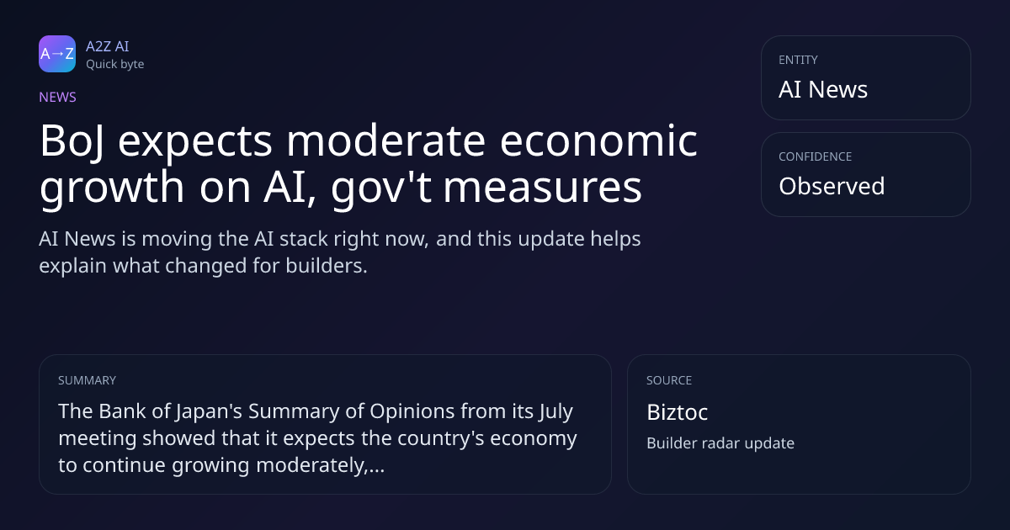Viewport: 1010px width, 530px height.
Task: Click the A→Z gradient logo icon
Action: click(x=57, y=54)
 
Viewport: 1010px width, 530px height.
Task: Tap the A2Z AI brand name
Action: click(x=108, y=46)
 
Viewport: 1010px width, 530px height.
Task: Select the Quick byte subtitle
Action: click(x=115, y=65)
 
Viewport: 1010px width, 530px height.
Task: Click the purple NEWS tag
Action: click(x=58, y=98)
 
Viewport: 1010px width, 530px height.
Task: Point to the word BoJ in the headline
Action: click(x=72, y=142)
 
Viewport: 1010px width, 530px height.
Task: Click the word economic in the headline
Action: click(x=598, y=140)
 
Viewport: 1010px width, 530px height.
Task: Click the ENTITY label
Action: click(x=798, y=60)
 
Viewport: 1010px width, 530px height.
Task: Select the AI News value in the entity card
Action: click(x=823, y=89)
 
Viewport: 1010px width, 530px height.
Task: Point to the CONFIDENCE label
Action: click(x=816, y=156)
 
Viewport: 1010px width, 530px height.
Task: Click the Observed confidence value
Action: click(x=832, y=186)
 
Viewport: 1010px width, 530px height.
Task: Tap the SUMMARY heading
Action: click(x=87, y=380)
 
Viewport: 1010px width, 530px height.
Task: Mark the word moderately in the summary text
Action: click(x=311, y=466)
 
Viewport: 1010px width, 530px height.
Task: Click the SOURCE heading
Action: click(x=669, y=380)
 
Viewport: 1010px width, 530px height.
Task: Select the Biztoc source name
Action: click(x=678, y=412)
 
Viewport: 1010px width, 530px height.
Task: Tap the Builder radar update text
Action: click(x=720, y=443)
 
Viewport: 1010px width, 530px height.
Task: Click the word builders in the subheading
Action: click(x=327, y=266)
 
